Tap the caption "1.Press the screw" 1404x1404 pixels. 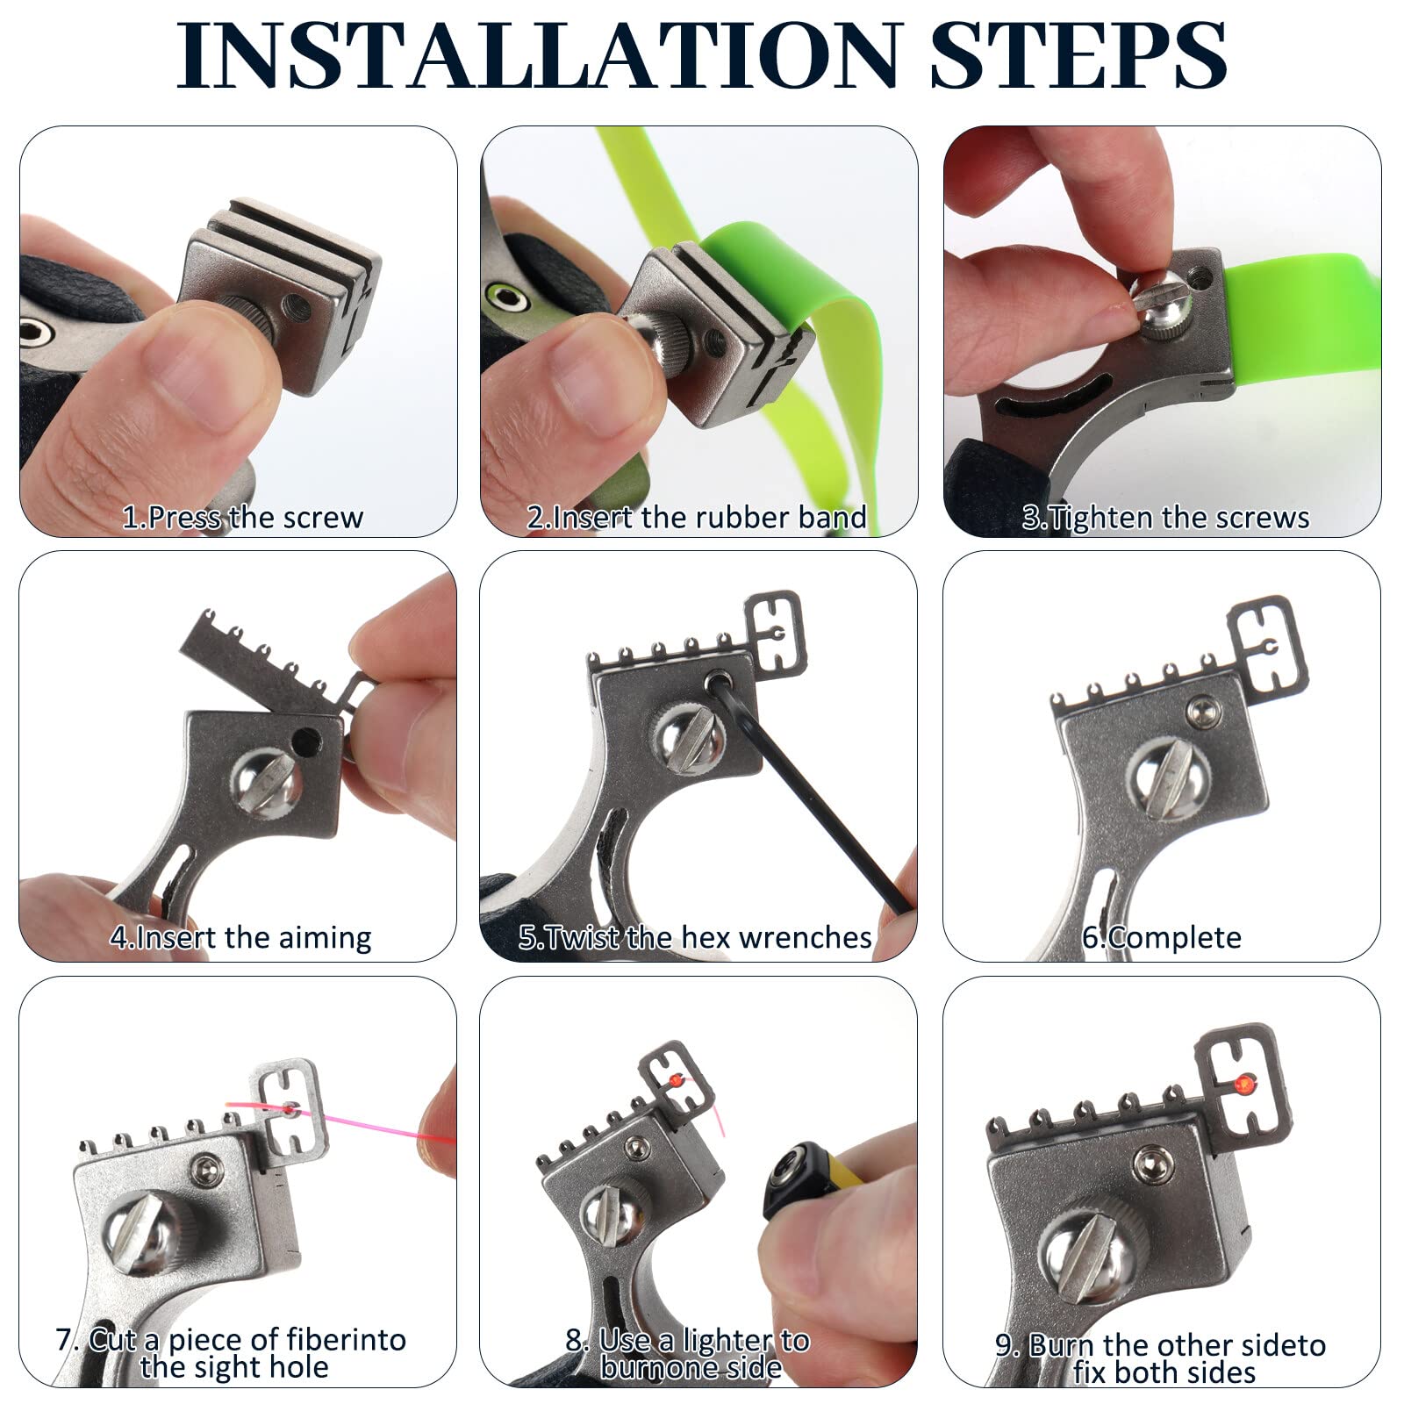coord(242,517)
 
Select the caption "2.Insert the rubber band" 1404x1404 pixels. coord(697,517)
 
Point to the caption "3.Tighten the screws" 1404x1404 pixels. coord(1165,518)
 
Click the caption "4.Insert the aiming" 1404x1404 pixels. coord(240,937)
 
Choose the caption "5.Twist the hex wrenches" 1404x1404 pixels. coord(695,937)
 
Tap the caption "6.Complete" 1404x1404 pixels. coord(1161,937)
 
